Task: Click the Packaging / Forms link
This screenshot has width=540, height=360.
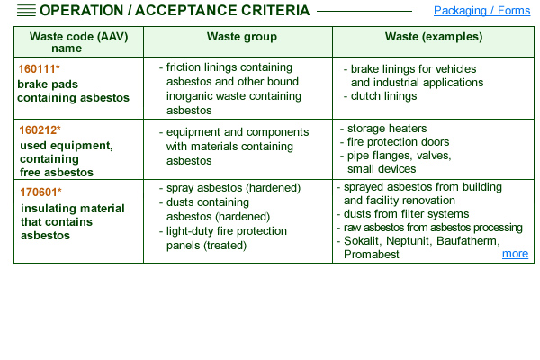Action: tap(481, 11)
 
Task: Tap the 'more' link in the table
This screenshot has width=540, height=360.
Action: tap(515, 254)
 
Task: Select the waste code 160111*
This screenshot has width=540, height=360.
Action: tap(39, 69)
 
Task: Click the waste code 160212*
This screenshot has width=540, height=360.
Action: tap(40, 130)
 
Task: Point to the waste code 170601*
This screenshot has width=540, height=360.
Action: tap(40, 193)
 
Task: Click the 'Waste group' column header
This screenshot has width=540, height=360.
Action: tap(242, 37)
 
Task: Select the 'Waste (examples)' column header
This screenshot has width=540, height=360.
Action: tap(434, 37)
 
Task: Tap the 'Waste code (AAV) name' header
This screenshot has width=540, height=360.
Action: tap(79, 42)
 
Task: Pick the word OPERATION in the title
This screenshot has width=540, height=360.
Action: tap(81, 11)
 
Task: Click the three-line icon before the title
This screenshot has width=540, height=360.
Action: tap(26, 11)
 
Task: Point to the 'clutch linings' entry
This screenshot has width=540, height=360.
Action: tap(383, 96)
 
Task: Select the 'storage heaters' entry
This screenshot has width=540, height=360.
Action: tap(387, 129)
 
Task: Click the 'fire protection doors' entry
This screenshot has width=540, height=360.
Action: tap(398, 142)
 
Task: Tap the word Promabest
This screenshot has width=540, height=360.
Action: tap(371, 254)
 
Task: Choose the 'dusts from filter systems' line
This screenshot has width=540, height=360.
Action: tap(407, 214)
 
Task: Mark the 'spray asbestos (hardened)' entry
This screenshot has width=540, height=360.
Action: tap(233, 188)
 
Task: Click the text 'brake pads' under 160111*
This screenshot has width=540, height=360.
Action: tap(48, 85)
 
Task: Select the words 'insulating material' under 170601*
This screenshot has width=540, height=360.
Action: tap(73, 209)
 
